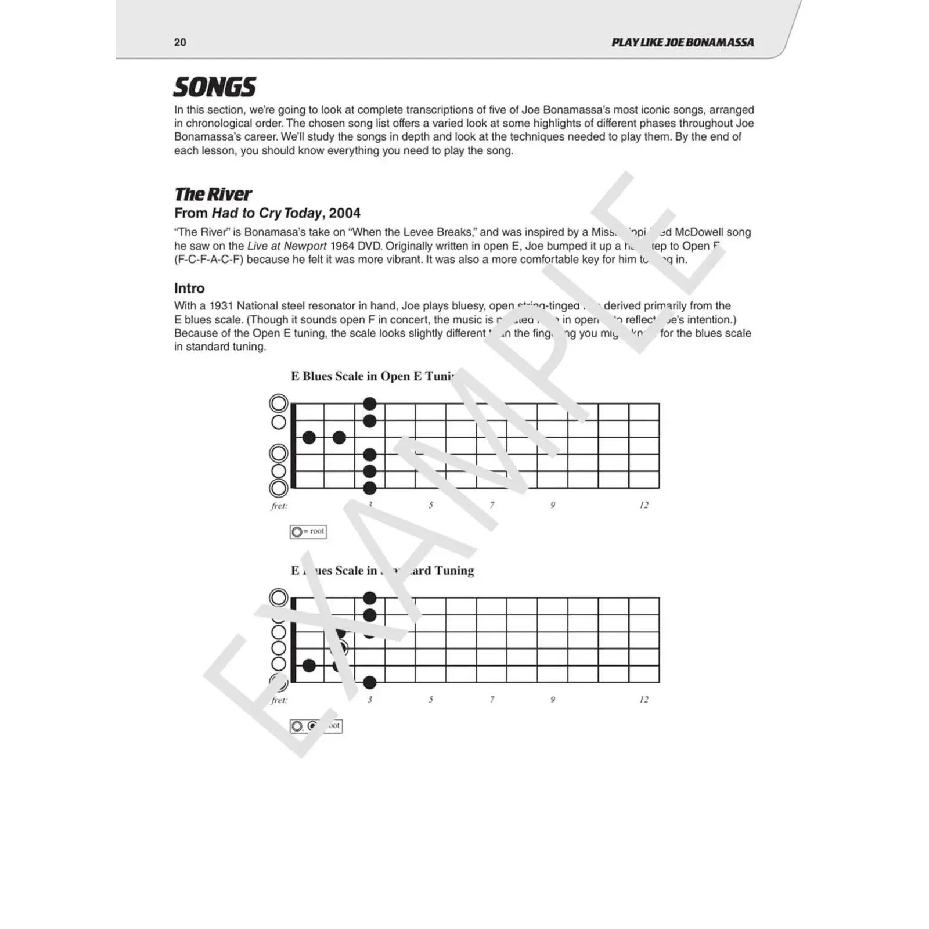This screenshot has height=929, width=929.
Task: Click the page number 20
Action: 180,42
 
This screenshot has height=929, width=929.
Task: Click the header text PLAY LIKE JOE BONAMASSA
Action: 682,42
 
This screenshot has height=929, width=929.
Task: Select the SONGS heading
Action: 214,88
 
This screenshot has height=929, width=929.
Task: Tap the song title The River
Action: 213,194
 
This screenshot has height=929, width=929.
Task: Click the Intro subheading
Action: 189,289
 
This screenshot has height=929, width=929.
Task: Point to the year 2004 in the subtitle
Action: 344,213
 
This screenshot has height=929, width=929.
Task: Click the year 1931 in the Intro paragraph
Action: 221,306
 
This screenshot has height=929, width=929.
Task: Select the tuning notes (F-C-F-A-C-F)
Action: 208,260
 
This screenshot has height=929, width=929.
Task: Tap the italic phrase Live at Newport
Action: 287,246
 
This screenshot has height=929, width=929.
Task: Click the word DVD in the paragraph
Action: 369,246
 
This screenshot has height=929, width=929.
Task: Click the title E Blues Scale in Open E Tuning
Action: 372,376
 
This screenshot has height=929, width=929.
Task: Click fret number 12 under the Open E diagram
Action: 643,505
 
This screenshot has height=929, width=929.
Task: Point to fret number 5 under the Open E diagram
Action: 431,505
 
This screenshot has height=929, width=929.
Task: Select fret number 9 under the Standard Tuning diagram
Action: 553,700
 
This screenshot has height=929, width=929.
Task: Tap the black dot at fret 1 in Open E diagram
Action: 309,437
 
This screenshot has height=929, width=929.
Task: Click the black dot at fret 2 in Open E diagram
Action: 339,437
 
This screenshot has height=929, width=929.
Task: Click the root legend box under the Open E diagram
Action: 308,531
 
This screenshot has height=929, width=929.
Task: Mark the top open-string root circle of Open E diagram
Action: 279,404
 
